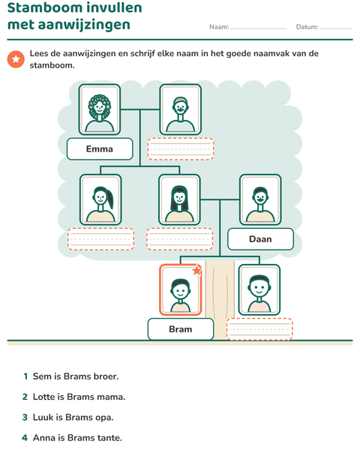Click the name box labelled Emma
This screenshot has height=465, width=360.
[100, 148]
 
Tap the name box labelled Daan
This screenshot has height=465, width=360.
[260, 239]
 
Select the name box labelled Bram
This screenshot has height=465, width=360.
[181, 329]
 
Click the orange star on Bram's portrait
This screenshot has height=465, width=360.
[197, 270]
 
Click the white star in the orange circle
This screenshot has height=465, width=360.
[16, 59]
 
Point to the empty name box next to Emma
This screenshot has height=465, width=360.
[181, 148]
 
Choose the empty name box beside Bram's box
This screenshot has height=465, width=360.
[259, 329]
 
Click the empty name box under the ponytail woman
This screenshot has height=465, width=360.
[100, 239]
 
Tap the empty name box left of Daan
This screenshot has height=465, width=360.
[180, 239]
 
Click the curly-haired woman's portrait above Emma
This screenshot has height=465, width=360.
[100, 109]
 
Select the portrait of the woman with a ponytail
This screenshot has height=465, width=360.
[100, 200]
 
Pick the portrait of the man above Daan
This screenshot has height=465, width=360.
[260, 200]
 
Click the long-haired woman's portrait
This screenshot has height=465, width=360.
[179, 200]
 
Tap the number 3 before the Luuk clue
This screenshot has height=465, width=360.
[25, 418]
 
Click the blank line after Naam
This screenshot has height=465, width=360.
[259, 28]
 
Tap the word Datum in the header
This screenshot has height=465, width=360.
[307, 27]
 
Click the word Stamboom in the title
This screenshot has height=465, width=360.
[40, 7]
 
